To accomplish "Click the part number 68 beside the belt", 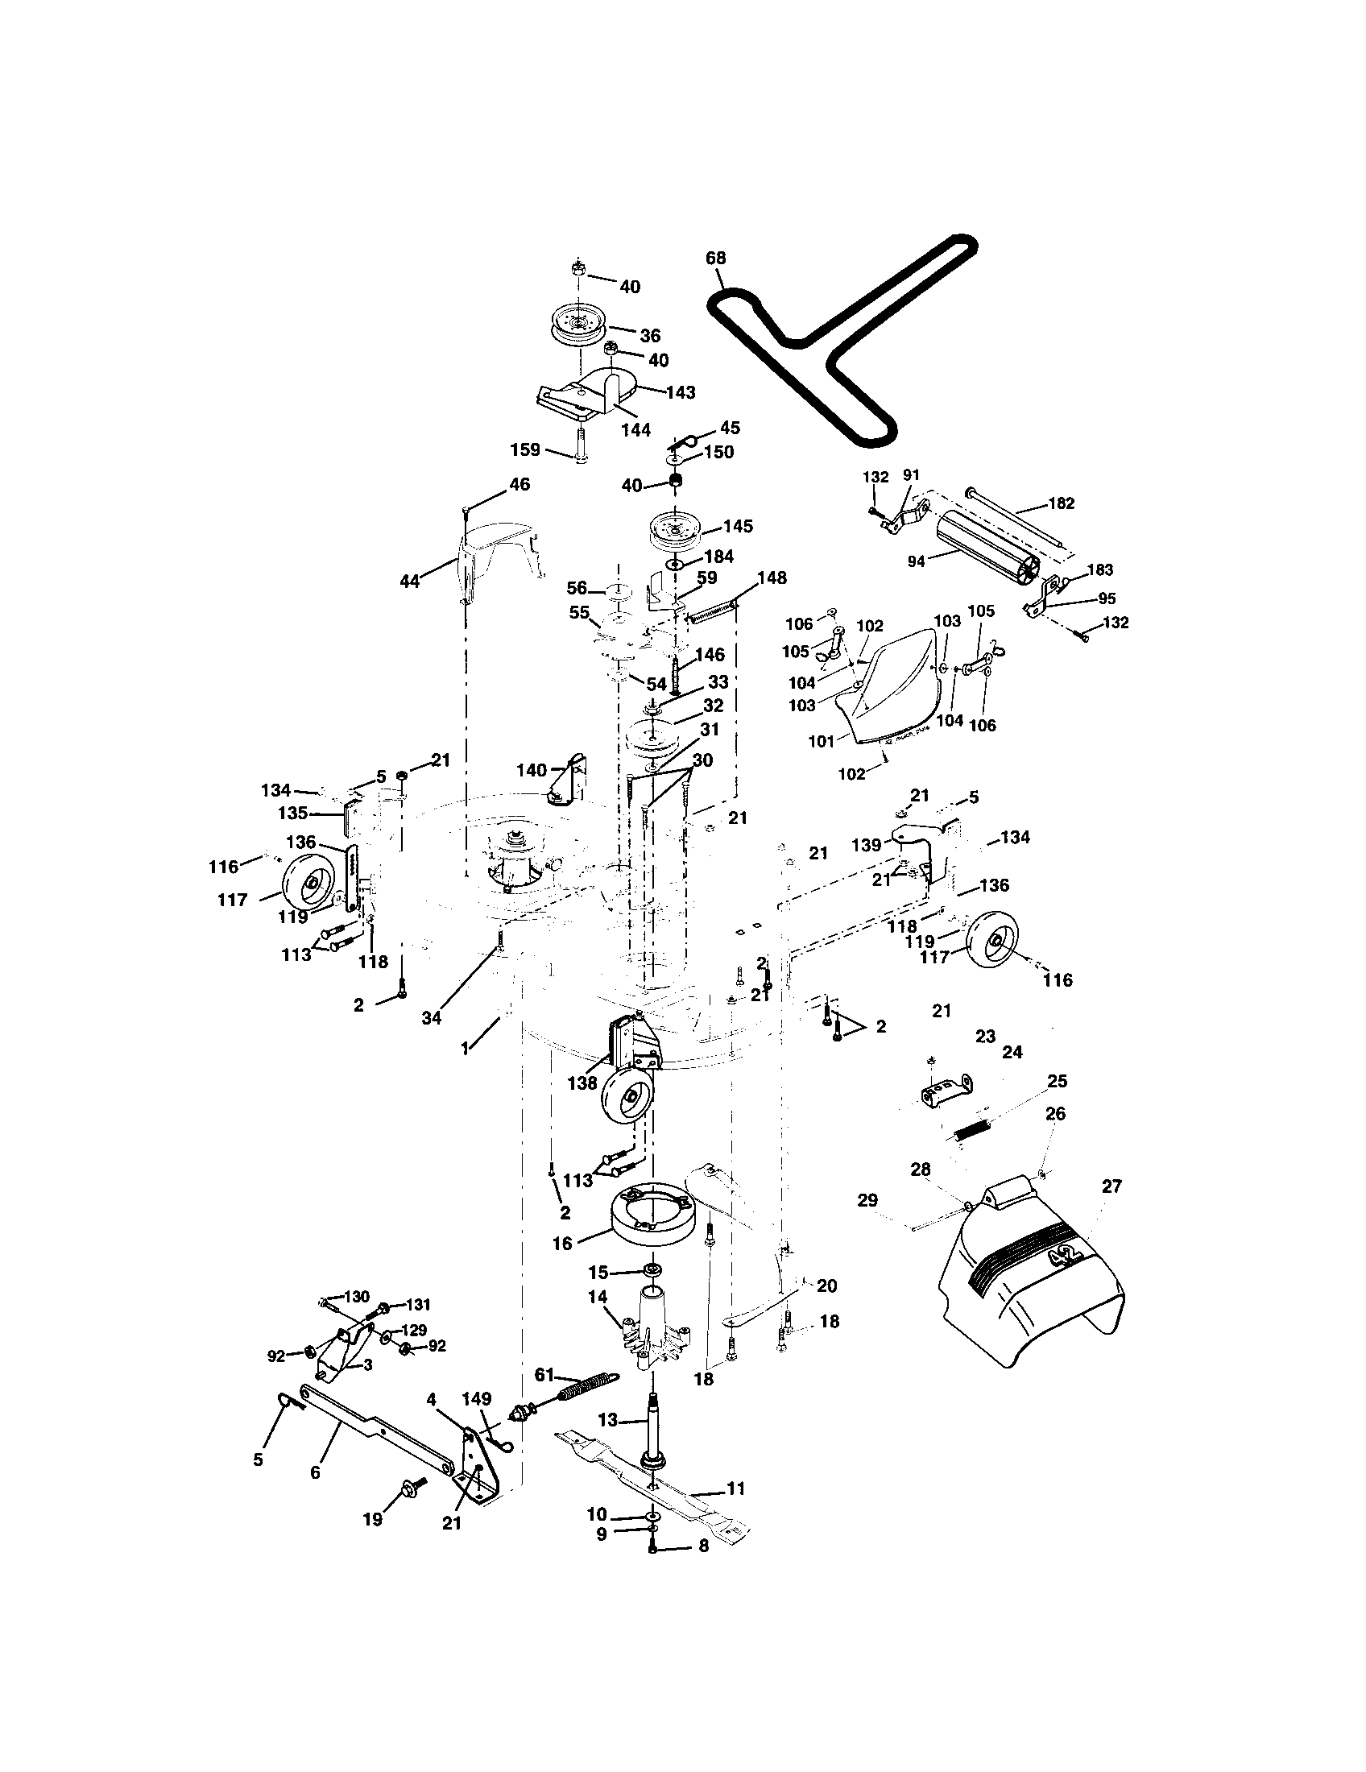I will [x=716, y=259].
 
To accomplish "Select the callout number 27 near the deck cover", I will [x=1111, y=1186].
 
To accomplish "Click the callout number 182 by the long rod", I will [x=1061, y=503].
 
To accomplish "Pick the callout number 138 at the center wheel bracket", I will [x=582, y=1083].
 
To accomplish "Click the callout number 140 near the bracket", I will [x=532, y=769].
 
